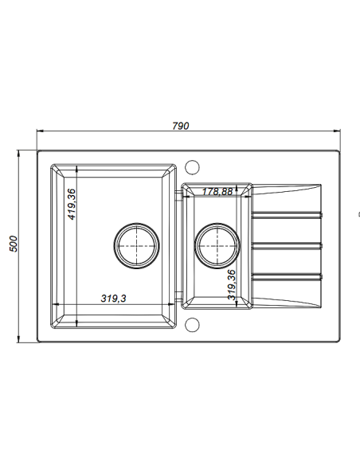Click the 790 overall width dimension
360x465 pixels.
181,126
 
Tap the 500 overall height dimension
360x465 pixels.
14,244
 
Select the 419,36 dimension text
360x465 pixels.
72,205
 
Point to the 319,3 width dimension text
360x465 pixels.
114,298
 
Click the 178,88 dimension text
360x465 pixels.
217,192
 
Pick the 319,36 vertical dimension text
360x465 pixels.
232,285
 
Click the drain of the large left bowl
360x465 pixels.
136,246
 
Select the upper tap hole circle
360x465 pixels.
192,167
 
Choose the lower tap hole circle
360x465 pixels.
192,325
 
